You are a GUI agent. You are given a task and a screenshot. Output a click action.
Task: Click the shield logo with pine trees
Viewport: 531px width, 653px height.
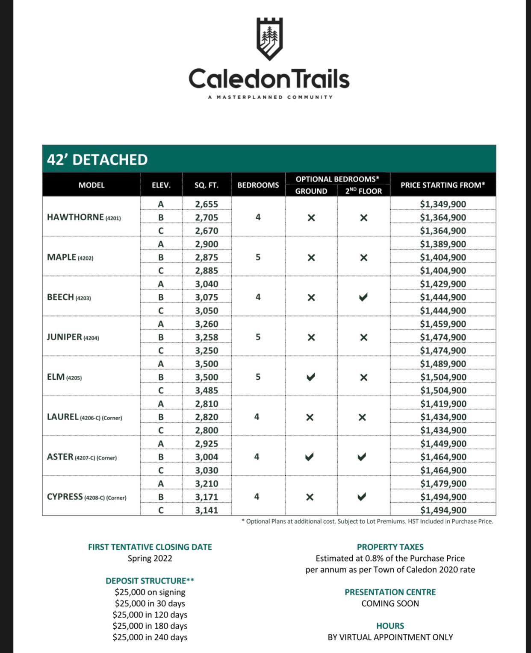(269, 38)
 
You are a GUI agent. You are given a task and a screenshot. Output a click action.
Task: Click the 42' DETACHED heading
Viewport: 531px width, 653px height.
(97, 160)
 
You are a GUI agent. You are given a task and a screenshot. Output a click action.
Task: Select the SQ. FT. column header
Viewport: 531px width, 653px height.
(206, 185)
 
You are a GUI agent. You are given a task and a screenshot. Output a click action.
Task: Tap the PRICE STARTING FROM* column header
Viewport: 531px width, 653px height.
(442, 185)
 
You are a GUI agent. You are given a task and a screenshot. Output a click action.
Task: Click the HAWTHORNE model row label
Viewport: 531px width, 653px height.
(84, 217)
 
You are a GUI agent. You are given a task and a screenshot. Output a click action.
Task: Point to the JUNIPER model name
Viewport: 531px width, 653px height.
(73, 337)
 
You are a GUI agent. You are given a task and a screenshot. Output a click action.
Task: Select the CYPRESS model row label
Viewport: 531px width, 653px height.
(86, 497)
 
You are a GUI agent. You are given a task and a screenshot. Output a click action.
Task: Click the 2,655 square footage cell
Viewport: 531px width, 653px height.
(206, 204)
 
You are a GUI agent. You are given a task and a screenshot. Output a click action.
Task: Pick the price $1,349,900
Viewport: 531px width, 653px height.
(443, 204)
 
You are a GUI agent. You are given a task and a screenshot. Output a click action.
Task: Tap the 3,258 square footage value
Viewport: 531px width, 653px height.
(206, 337)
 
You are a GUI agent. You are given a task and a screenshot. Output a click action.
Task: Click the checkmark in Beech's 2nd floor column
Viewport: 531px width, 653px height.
(363, 297)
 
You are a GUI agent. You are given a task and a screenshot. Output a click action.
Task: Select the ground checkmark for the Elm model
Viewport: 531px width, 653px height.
(311, 377)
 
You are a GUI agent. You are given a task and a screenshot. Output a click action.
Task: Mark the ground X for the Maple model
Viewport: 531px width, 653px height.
(311, 258)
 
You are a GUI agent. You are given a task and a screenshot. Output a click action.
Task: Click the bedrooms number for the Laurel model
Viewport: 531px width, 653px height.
(257, 417)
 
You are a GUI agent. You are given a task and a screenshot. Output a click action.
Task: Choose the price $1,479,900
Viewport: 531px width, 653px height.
(443, 483)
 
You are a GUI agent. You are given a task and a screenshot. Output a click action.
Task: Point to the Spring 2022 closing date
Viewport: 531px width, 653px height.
(150, 558)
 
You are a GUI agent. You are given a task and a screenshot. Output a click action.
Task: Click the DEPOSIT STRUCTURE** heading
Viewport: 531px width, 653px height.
(150, 581)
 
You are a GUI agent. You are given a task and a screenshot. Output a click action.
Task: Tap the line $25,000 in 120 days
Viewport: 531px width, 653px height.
(150, 615)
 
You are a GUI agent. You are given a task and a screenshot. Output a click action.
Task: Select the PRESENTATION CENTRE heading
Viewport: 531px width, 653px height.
(390, 592)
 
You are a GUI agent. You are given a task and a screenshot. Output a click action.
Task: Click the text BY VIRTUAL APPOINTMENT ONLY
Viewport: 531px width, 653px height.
(390, 637)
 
